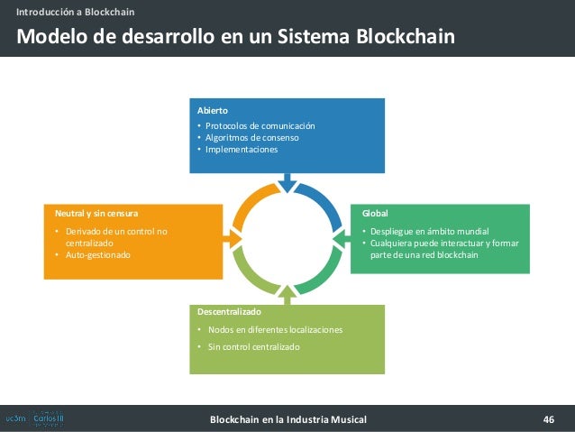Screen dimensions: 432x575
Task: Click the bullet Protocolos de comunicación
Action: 260,125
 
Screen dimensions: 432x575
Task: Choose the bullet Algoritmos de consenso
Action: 251,138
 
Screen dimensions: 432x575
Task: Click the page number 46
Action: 548,419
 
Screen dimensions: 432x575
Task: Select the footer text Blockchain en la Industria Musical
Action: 287,419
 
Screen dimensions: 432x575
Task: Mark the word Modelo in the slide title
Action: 50,37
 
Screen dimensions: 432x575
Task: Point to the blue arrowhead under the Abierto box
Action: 287,185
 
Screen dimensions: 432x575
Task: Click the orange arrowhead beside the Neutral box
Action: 235,233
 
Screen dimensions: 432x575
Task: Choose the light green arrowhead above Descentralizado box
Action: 287,292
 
